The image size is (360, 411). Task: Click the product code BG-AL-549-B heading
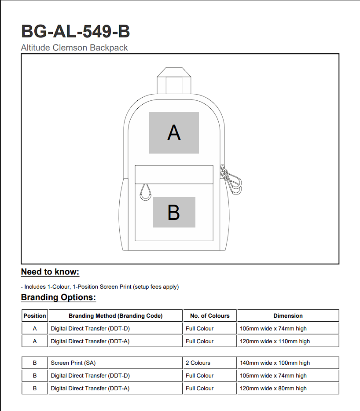(x=75, y=32)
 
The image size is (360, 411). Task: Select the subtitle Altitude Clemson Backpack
(x=74, y=48)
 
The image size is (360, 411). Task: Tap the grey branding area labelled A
(x=174, y=132)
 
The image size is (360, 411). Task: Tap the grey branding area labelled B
(x=174, y=212)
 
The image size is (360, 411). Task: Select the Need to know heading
(x=50, y=272)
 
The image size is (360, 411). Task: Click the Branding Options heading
(x=58, y=297)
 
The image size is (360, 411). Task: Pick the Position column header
(x=35, y=316)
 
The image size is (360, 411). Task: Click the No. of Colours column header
(x=209, y=316)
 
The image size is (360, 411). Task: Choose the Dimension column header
(x=288, y=316)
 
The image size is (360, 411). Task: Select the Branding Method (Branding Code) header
(x=115, y=316)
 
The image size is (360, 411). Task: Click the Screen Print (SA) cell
(x=73, y=363)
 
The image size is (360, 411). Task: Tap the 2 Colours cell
(x=198, y=363)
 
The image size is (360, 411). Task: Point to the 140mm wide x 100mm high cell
(x=275, y=363)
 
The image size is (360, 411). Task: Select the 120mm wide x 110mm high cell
(x=275, y=341)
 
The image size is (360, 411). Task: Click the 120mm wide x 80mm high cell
(x=273, y=388)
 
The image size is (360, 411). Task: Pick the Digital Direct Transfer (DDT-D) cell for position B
(x=90, y=375)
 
